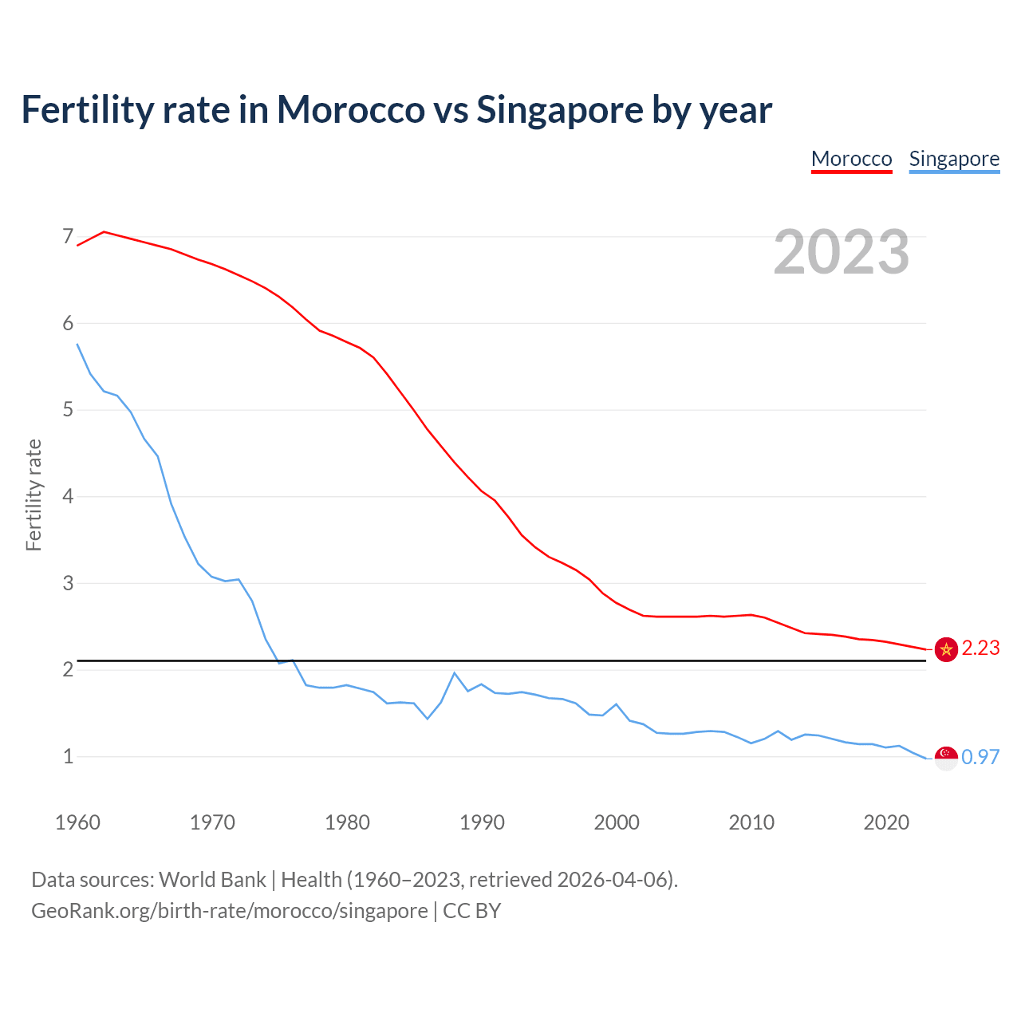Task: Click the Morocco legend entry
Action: click(851, 159)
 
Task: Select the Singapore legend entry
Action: click(954, 159)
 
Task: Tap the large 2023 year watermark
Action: click(842, 252)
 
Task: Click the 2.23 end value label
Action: click(980, 648)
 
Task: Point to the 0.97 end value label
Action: click(980, 757)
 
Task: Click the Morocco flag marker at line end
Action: click(946, 649)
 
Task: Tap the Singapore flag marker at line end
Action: click(946, 758)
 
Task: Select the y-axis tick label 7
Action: click(68, 237)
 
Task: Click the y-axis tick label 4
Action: click(68, 497)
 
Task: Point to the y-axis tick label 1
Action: click(68, 756)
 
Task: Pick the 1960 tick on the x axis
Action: click(77, 822)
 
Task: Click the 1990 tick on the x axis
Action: click(482, 822)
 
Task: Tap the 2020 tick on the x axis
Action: click(886, 822)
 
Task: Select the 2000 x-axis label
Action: click(617, 822)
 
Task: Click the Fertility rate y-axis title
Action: click(34, 495)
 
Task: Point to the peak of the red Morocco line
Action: click(104, 232)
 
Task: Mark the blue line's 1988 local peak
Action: click(455, 673)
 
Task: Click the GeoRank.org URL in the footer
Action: click(230, 911)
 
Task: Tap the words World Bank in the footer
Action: click(212, 880)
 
